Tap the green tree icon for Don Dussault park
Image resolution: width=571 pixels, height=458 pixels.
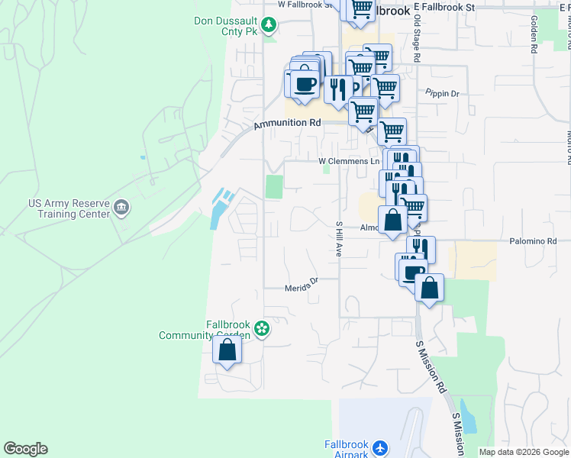pos(269,26)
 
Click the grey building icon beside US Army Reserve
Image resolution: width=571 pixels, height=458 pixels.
pos(121,208)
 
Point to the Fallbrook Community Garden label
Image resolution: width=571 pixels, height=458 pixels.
pos(205,330)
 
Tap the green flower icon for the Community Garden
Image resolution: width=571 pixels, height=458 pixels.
pos(262,329)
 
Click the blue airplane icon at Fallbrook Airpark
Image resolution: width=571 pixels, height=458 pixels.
pos(382,447)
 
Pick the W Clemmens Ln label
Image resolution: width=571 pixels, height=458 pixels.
pos(349,161)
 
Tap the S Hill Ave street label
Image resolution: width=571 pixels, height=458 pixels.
pos(338,239)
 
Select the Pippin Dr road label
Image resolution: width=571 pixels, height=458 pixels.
pos(443,94)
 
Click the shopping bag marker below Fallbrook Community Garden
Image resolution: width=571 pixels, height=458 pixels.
pos(227,350)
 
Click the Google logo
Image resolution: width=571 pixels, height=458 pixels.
pos(25,449)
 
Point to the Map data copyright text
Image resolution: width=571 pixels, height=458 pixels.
pos(523,452)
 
